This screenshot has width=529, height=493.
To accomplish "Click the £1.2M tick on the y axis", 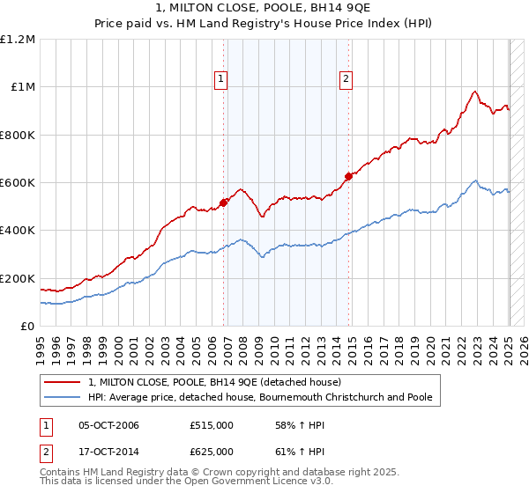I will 18,40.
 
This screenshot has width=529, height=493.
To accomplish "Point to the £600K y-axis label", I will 18,183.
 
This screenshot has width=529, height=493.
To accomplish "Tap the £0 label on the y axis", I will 28,327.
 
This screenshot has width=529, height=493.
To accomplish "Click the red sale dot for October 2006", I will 223,202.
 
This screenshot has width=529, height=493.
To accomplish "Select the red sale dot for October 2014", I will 348,176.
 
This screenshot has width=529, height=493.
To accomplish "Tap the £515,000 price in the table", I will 212,425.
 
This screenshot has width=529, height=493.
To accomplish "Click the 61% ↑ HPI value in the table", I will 287,451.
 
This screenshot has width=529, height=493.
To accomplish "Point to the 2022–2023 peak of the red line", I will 474,92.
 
